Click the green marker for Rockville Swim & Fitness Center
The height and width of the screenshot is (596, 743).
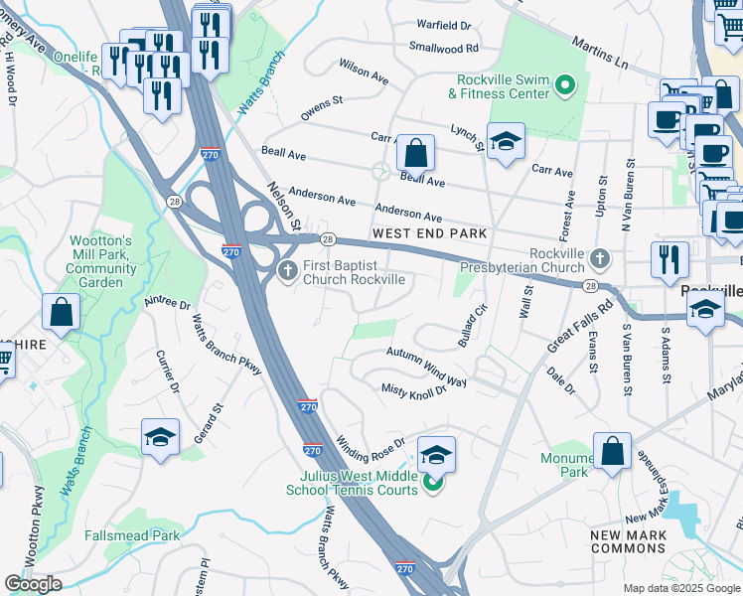[566, 86]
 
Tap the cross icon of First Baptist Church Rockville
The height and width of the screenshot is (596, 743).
[288, 271]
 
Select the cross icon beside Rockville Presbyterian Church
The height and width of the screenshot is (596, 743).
[599, 258]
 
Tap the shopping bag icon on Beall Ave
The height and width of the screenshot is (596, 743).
[415, 153]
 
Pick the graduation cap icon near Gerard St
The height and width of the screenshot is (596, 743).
[159, 439]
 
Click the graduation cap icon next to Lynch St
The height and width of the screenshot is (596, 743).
[506, 141]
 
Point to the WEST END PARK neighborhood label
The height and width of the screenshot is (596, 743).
[429, 233]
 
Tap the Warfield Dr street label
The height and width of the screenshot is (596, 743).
[443, 24]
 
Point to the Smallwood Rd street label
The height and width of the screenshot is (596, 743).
[443, 47]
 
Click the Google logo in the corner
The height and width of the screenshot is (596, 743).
[33, 584]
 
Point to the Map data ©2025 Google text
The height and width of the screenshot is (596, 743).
[680, 588]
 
